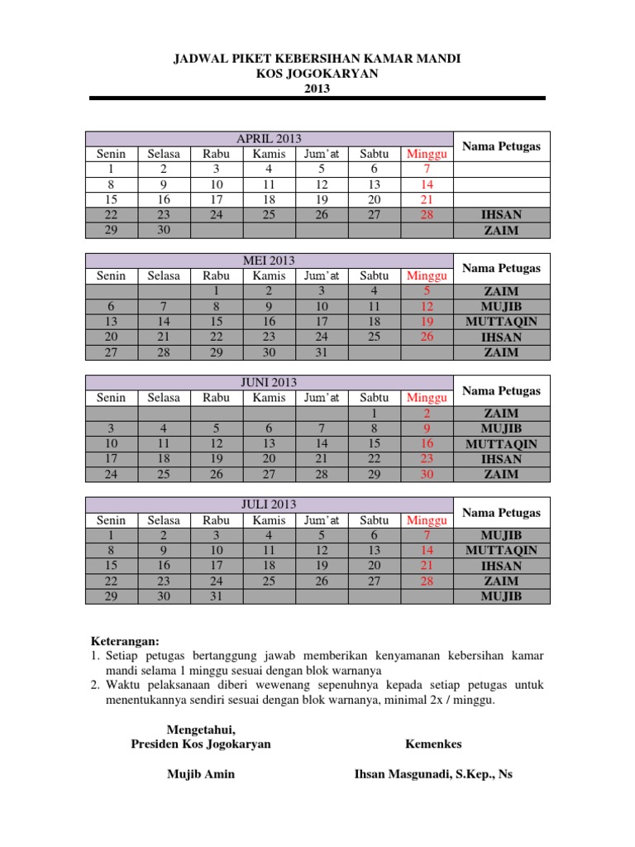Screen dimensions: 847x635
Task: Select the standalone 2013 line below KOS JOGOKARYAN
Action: coord(317,89)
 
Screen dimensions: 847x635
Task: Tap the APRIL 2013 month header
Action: coord(269,138)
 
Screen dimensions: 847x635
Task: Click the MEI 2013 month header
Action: coord(269,261)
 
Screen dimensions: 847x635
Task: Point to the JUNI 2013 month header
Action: coord(269,382)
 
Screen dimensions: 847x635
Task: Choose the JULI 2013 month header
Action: coord(269,505)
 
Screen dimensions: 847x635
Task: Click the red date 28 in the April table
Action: coord(427,215)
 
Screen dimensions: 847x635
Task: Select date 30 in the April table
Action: coord(164,230)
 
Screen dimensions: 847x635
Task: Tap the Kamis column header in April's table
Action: coord(269,154)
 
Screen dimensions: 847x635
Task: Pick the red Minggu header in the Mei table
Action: coord(427,275)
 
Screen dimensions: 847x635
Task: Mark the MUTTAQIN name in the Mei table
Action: coord(501,322)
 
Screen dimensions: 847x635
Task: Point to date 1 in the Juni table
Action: coord(374,413)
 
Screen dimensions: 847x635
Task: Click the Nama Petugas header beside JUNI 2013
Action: coord(501,390)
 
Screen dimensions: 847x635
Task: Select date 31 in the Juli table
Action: coord(217,596)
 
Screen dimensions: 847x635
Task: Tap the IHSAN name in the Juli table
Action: coord(501,566)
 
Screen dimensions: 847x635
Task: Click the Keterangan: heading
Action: coord(123,640)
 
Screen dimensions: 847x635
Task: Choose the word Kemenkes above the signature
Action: coord(433,744)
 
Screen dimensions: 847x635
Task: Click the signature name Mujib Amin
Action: coord(201,774)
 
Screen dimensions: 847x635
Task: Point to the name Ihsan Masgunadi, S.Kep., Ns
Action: coord(433,774)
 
